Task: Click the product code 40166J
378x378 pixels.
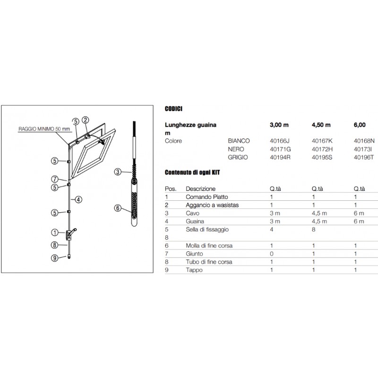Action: pos(279,141)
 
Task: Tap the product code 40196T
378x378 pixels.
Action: pos(363,157)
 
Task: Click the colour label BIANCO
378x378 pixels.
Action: pos(239,141)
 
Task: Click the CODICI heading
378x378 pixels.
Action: pos(173,108)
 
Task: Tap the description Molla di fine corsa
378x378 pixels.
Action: pos(209,246)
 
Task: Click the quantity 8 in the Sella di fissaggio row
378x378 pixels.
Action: pos(314,229)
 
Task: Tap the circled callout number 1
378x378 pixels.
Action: pos(55,232)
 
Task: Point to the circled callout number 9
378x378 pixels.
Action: pos(55,258)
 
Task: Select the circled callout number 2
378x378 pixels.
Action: pos(86,120)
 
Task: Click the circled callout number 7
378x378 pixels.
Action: pos(55,179)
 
